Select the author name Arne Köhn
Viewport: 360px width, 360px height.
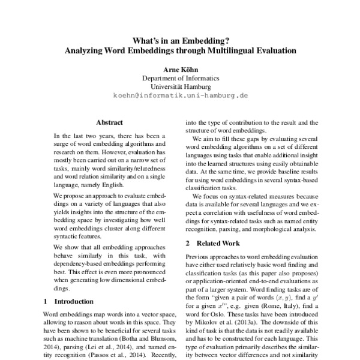coord(180,70)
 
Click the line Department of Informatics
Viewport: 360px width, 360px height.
coord(180,79)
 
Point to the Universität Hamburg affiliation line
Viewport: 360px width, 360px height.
coord(180,87)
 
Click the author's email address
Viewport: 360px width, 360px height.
coord(180,95)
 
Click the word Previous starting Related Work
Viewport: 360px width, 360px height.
coord(200,257)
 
